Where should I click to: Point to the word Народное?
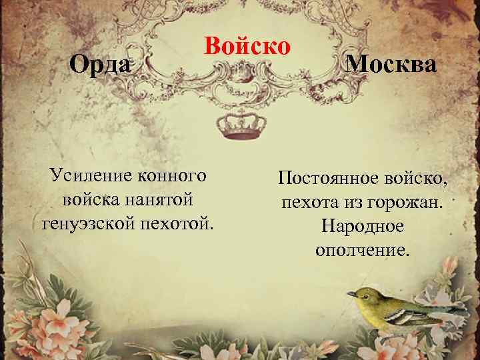pyautogui.click(x=362, y=225)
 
